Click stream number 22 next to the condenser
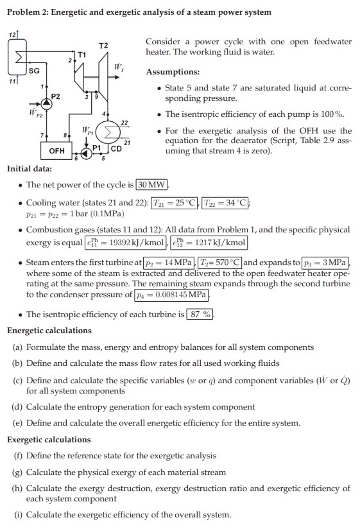pos(124,122)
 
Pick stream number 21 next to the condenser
pos(126,143)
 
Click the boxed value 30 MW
pos(152,186)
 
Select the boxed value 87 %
pos(200,314)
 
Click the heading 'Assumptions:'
pos(173,72)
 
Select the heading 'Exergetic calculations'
pos(49,440)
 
